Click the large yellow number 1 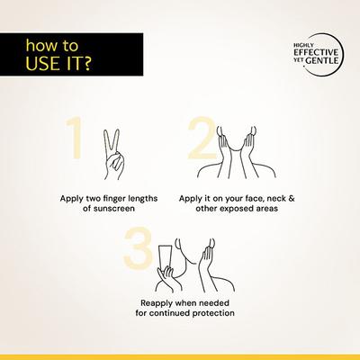(x=76, y=139)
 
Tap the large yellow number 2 (x=202, y=138)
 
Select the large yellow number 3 (x=138, y=248)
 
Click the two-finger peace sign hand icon (x=113, y=155)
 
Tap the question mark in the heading (x=86, y=63)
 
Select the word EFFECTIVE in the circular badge (x=316, y=52)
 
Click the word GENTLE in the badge (x=322, y=60)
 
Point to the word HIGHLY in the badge (x=300, y=46)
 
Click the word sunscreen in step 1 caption (x=113, y=209)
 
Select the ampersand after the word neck (x=292, y=198)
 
